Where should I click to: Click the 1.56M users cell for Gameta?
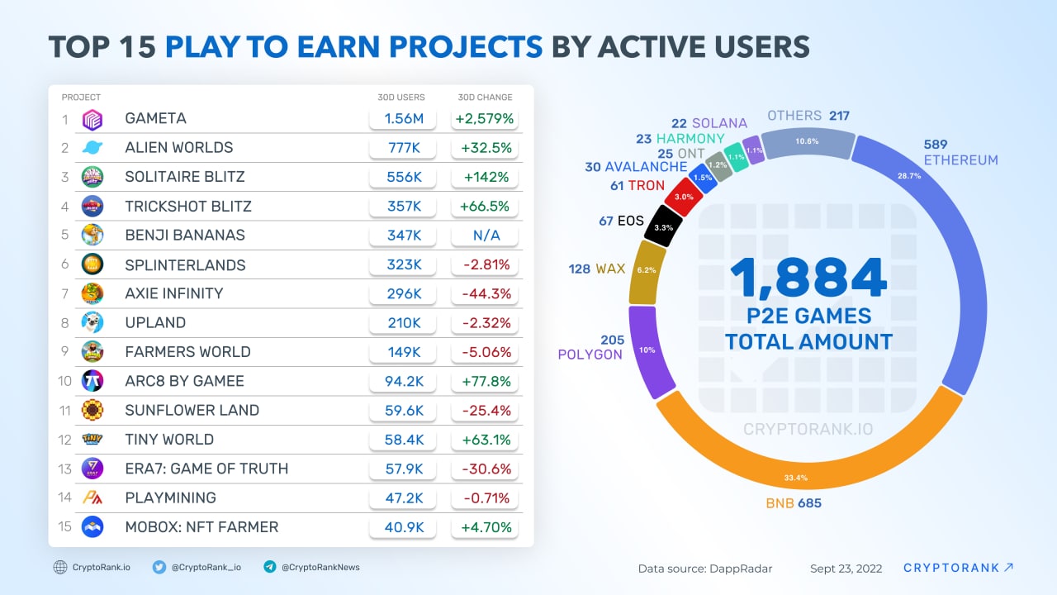pyautogui.click(x=404, y=119)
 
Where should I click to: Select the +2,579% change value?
pyautogui.click(x=484, y=119)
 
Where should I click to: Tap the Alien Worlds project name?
pyautogui.click(x=178, y=148)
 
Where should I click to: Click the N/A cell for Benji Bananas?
pyautogui.click(x=484, y=236)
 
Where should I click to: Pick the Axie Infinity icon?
pyautogui.click(x=92, y=293)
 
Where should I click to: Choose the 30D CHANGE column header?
pyautogui.click(x=485, y=98)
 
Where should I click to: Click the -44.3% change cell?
pyautogui.click(x=484, y=293)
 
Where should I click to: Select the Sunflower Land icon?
pyautogui.click(x=92, y=410)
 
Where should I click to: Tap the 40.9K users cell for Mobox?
pyautogui.click(x=404, y=526)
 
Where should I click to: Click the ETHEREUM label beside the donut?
pyautogui.click(x=960, y=160)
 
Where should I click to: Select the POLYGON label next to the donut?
pyautogui.click(x=590, y=355)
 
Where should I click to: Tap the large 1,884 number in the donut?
pyautogui.click(x=808, y=278)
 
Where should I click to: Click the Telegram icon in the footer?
pyautogui.click(x=269, y=567)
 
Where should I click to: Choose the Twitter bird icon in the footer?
pyautogui.click(x=159, y=567)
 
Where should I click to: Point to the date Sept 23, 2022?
pyautogui.click(x=846, y=569)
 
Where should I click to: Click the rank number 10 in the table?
pyautogui.click(x=65, y=381)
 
